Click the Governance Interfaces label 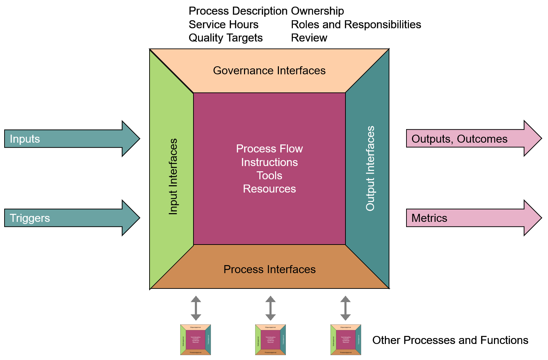click(x=269, y=71)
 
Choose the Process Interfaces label click(x=269, y=269)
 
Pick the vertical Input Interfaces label click(x=173, y=177)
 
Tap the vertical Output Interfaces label click(x=370, y=168)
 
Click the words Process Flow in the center click(x=269, y=149)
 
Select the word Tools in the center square click(x=269, y=175)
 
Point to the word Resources click(x=269, y=189)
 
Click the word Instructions click(x=269, y=162)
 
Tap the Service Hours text click(x=223, y=25)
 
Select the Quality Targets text click(x=226, y=38)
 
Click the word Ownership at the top click(x=317, y=11)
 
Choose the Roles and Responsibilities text click(x=356, y=25)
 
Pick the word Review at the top click(x=309, y=38)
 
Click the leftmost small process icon click(x=196, y=340)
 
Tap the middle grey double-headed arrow click(x=271, y=308)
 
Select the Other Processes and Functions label click(x=450, y=340)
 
